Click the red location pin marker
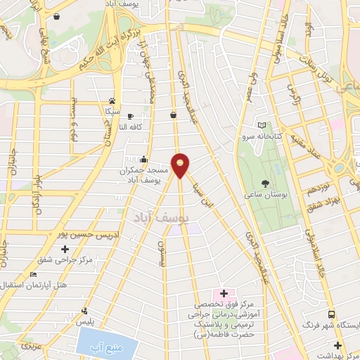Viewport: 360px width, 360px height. click(181, 165)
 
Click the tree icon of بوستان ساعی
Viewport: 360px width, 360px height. click(264, 183)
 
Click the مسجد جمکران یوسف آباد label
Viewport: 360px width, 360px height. click(143, 175)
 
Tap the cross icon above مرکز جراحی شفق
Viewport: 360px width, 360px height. click(65, 249)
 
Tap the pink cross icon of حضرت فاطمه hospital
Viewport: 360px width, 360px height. click(224, 292)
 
